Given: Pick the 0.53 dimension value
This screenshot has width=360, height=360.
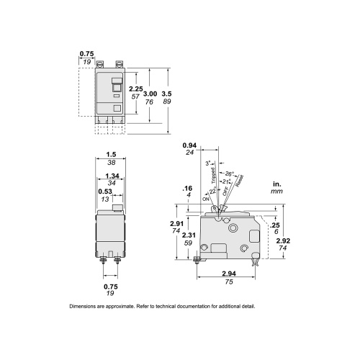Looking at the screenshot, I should tap(104, 192).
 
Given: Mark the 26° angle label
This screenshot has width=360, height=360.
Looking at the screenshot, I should tap(229, 174).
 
